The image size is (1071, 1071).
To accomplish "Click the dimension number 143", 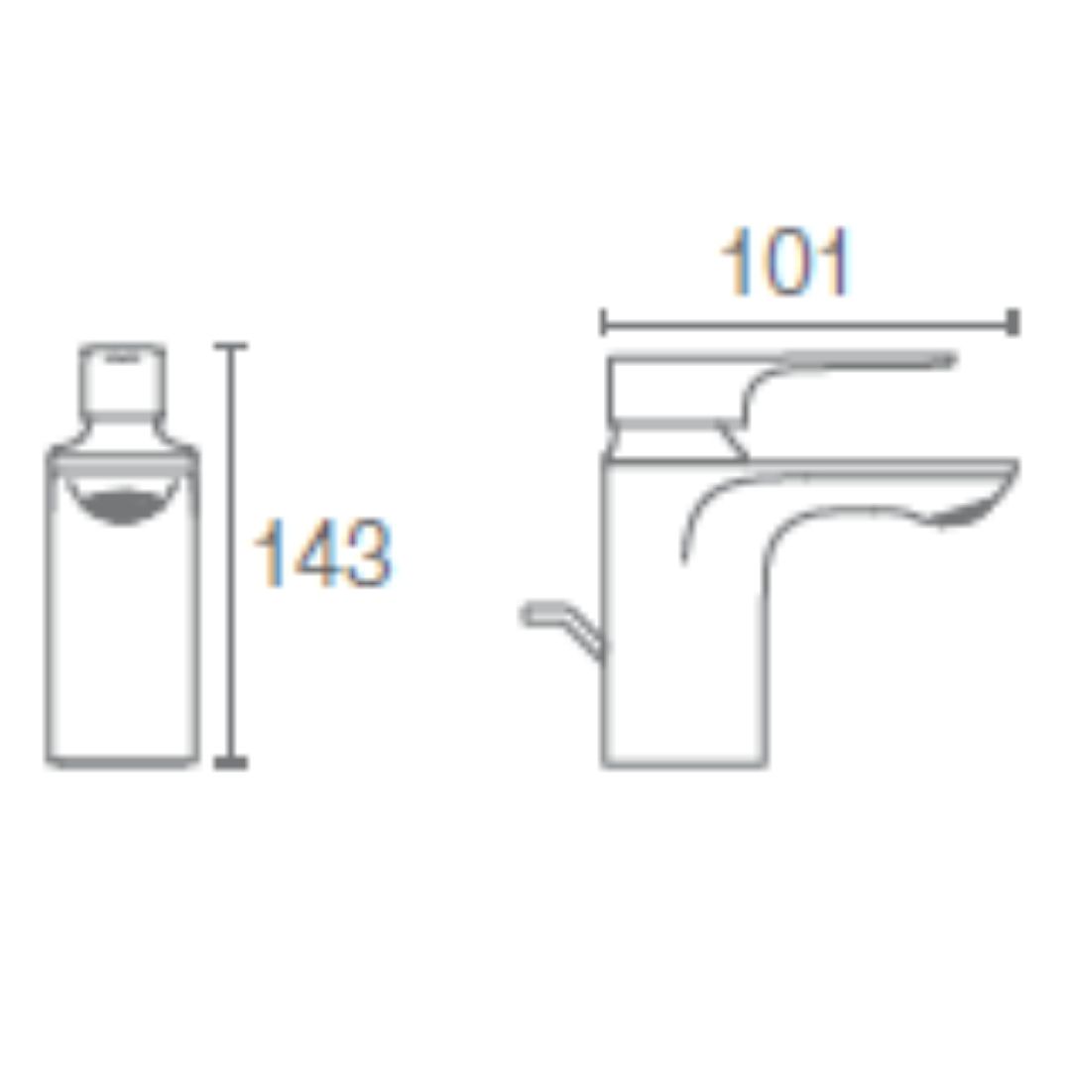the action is pos(322,553).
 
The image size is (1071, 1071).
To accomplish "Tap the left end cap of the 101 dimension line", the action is pos(603,322).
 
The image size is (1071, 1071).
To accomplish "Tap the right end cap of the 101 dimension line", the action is pos(1013,322).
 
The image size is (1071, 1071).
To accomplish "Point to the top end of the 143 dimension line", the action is pos(231,346).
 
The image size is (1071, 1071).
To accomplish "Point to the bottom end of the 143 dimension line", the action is pos(231,763).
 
